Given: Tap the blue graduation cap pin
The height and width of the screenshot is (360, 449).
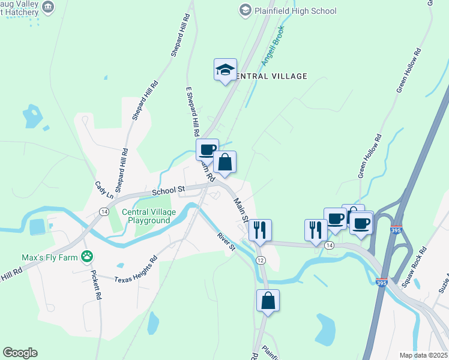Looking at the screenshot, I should (x=225, y=70).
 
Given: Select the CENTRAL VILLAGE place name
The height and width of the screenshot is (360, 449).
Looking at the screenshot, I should (x=270, y=76).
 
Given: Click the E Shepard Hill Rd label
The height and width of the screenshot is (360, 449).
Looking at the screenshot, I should (x=191, y=113).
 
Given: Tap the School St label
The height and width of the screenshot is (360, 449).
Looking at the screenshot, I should (x=167, y=191).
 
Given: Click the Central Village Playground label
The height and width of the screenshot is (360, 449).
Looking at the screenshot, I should (x=149, y=216).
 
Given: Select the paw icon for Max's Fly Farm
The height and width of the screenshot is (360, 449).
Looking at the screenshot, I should (x=88, y=257).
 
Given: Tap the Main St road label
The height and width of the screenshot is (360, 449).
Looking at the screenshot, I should (x=241, y=209).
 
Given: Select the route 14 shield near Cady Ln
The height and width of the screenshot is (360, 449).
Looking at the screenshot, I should (x=104, y=212).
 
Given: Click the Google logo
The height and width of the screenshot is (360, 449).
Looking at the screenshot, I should (x=20, y=353).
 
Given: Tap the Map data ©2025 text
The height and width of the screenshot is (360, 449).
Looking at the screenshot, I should (x=423, y=355).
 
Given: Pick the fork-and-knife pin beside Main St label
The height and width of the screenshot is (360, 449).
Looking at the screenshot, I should (x=260, y=230).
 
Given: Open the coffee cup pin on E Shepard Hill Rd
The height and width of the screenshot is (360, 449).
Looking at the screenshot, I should (x=207, y=149).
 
